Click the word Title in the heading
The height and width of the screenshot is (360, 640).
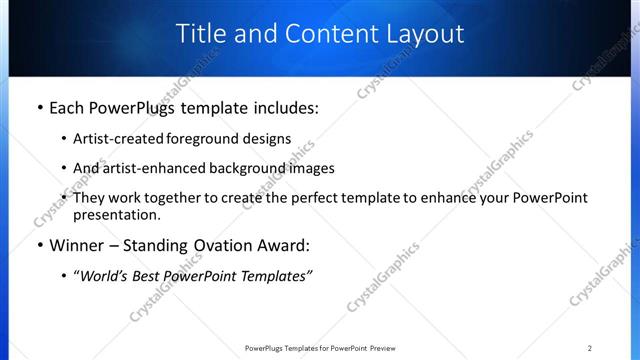tap(201, 33)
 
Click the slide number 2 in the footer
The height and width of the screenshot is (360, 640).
tap(589, 348)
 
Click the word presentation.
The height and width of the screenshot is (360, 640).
tap(115, 214)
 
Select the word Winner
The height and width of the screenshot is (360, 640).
tap(76, 245)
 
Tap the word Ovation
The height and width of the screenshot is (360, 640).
tap(210, 245)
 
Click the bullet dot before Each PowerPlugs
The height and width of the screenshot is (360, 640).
tap(39, 108)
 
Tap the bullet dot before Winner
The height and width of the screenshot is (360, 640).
tap(39, 245)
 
